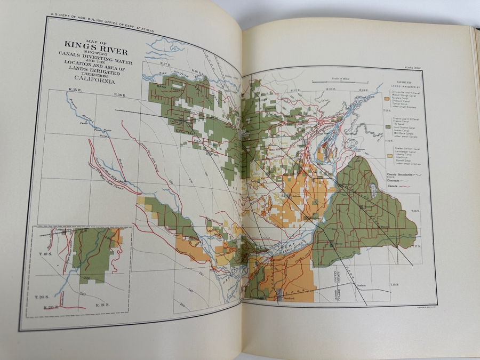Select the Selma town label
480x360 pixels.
tap(297, 197)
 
